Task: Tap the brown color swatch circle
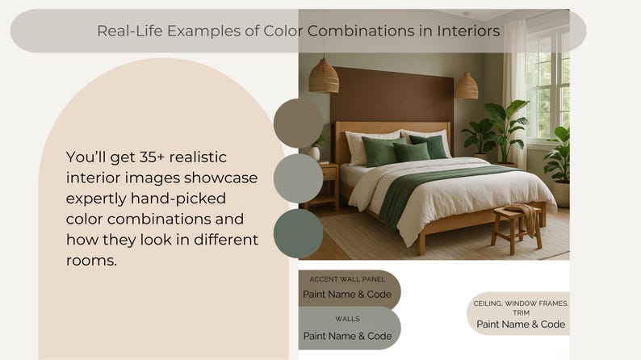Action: pos(298,123)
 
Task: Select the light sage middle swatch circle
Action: pos(298,178)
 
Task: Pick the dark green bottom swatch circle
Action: pos(298,233)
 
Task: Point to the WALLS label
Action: pos(347,319)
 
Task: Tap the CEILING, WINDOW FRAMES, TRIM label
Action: pos(521,308)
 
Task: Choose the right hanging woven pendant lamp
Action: pos(467,86)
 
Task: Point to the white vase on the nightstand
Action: pos(314,153)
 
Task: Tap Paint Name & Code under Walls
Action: pos(347,336)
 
